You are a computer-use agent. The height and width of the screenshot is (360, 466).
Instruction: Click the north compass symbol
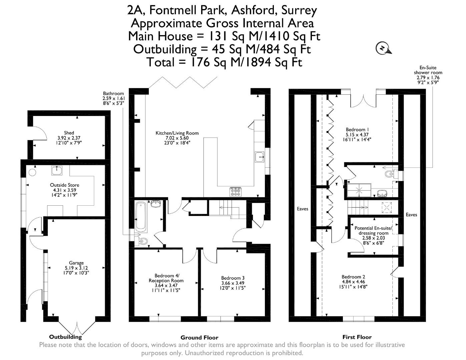pos(383,48)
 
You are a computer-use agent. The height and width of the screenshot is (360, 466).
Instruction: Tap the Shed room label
pos(69,133)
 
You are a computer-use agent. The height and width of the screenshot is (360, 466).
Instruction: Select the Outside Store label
pos(64,185)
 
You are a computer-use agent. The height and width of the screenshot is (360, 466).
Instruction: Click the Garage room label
pos(76,263)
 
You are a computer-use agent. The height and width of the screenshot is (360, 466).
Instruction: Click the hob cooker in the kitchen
pos(236,191)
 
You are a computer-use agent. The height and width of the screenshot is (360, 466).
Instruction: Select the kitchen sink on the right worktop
pos(260,157)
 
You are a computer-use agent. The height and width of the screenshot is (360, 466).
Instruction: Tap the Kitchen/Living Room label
pos(177,133)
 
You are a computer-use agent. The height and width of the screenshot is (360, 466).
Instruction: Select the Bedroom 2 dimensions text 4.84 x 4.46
pos(353,282)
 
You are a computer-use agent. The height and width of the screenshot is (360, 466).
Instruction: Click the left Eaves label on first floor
pos(303,209)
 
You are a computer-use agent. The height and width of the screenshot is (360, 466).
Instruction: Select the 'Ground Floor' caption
pos(199,337)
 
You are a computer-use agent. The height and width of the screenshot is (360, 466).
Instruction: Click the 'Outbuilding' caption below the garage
pos(65,337)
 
